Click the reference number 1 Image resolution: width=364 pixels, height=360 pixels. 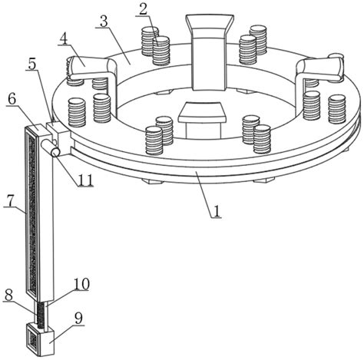point(217,211)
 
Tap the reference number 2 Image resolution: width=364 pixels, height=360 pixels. point(143,9)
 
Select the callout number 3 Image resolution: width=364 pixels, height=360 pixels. point(104,21)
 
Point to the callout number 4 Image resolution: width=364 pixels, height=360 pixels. point(64,38)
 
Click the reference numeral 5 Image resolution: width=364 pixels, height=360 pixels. point(32,64)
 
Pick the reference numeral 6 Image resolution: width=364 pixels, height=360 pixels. point(12,99)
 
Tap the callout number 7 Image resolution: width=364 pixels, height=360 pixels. point(10,201)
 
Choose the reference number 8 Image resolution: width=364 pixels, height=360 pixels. point(8,296)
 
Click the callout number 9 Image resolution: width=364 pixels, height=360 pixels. point(78,319)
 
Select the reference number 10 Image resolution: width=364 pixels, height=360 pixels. point(81,284)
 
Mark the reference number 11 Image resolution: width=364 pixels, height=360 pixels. point(86,180)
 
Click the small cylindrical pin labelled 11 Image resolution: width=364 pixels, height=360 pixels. point(51,147)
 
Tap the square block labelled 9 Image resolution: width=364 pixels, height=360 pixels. point(40,339)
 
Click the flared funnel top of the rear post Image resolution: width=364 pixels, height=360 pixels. point(210,26)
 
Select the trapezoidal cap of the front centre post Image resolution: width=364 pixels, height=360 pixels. point(203,112)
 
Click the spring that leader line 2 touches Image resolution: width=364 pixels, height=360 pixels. point(161,50)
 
